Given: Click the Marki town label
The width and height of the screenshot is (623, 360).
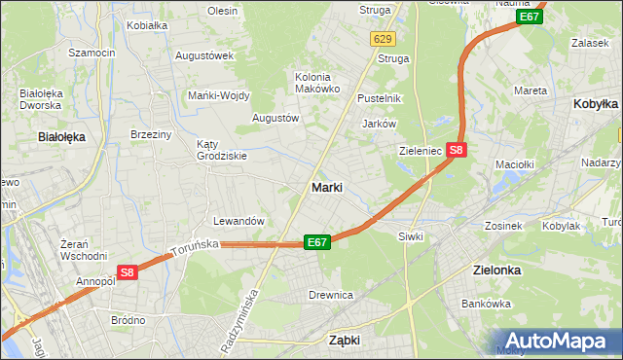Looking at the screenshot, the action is [326, 187].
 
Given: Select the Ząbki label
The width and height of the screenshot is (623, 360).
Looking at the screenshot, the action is [345, 341].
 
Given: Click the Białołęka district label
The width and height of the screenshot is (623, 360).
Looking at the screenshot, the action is [61, 137].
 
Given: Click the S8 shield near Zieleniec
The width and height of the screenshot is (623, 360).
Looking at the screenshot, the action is [458, 150].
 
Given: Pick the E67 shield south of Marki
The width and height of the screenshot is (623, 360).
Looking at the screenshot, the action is [316, 241].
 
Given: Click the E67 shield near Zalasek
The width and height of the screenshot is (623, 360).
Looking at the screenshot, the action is [530, 17].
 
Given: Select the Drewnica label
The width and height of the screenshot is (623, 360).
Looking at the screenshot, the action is [330, 294].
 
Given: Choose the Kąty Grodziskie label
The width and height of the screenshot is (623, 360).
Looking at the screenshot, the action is [222, 149].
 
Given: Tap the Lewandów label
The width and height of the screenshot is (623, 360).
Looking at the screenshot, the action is [238, 221].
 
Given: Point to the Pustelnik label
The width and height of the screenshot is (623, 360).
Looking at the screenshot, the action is [379, 98].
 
